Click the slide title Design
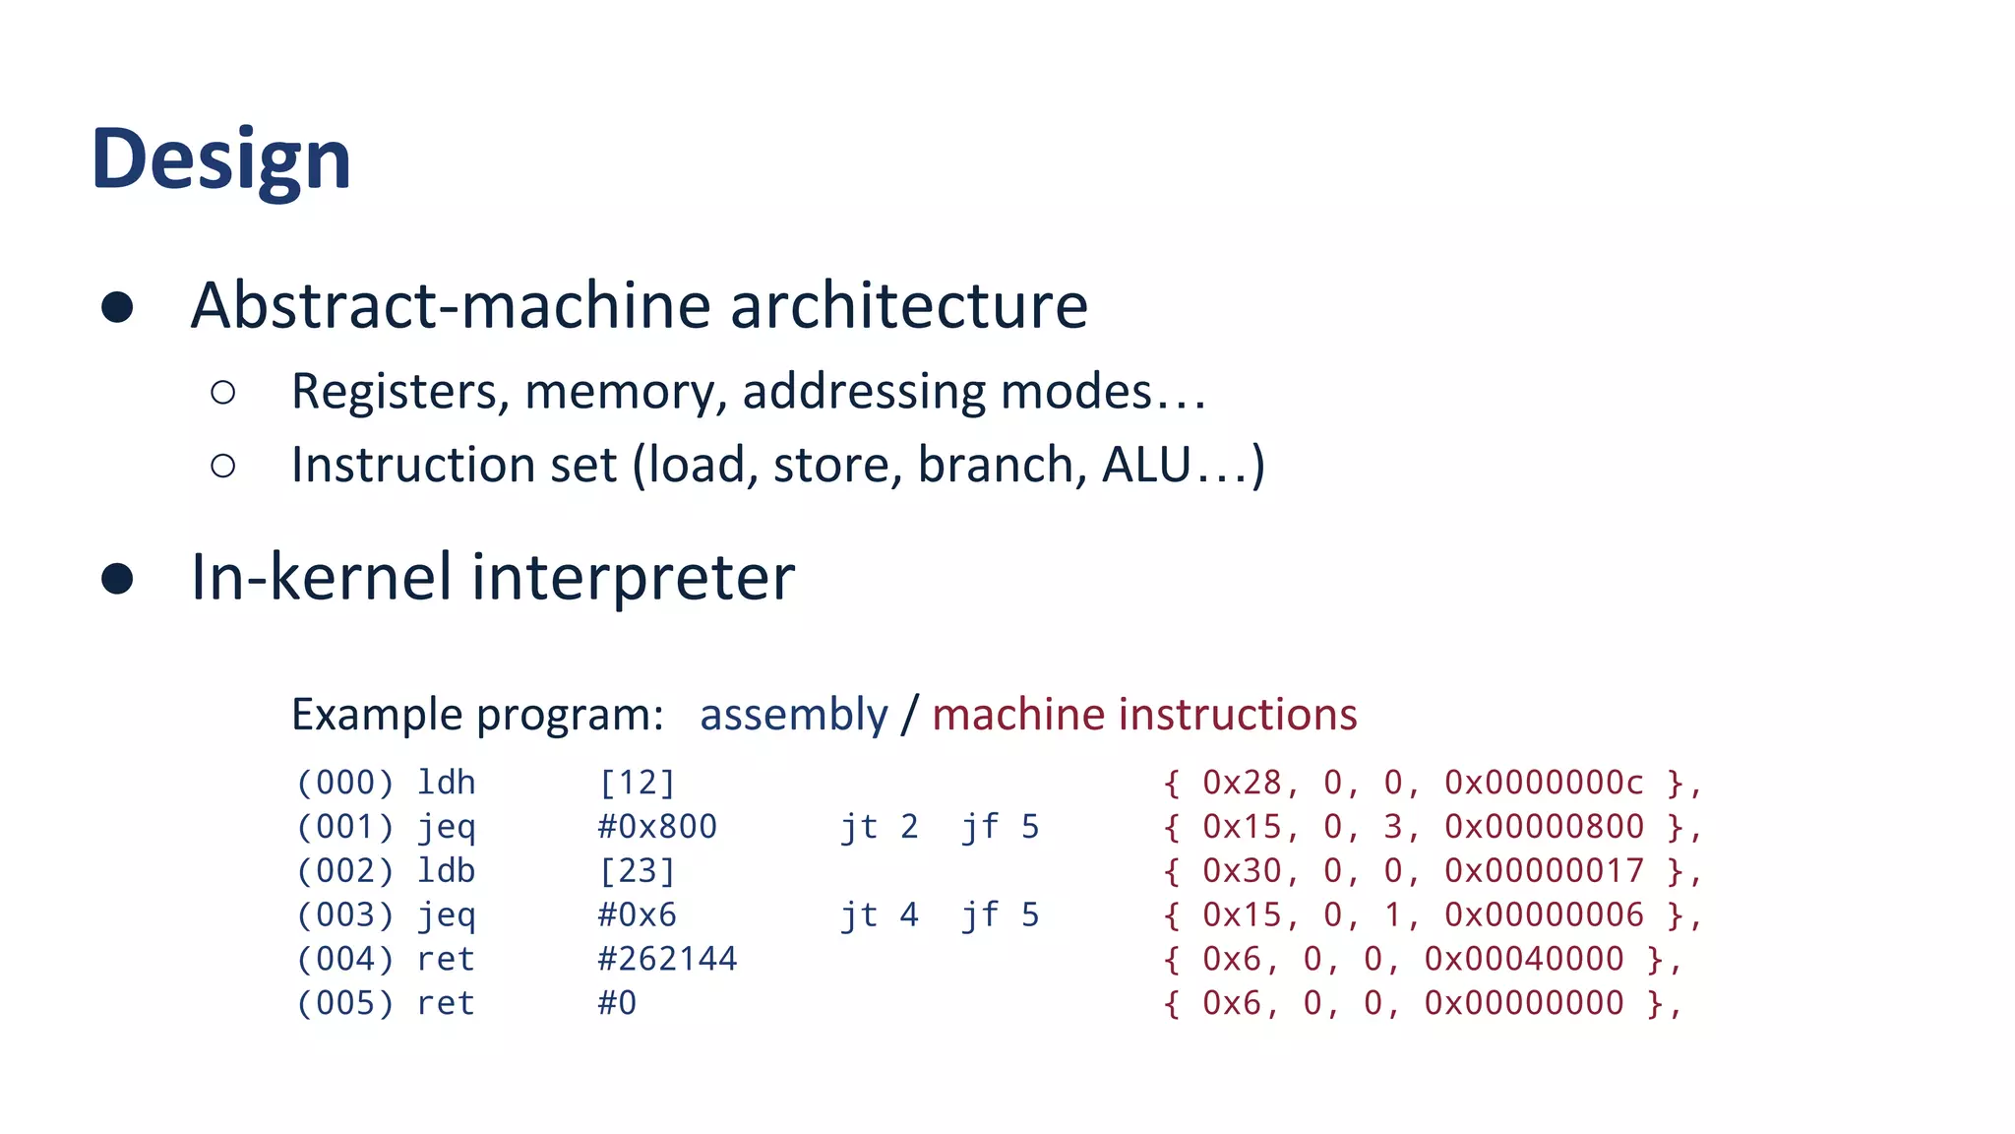click(221, 159)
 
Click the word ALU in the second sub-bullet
click(1146, 465)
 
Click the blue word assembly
click(793, 715)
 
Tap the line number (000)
click(344, 783)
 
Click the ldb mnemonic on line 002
click(446, 871)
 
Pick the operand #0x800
click(657, 827)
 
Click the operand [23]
click(637, 871)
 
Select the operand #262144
click(667, 959)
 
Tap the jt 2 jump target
click(879, 827)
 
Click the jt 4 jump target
click(879, 915)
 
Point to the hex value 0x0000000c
click(1543, 783)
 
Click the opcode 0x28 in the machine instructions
click(1242, 783)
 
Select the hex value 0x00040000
click(1523, 959)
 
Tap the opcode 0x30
click(1242, 871)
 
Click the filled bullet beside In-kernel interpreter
click(117, 579)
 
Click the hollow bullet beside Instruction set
click(223, 466)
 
